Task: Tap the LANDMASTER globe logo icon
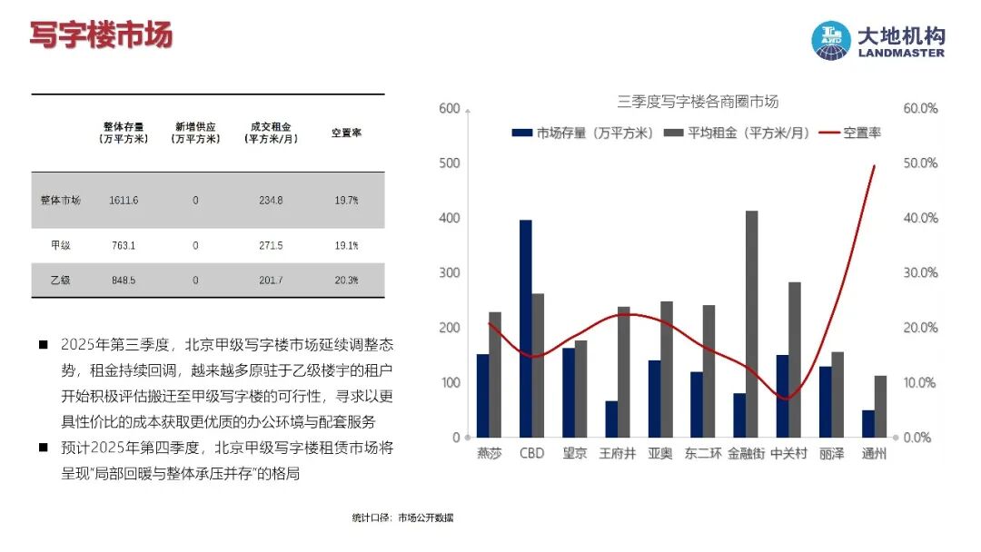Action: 831,41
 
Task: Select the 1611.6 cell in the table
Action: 123,200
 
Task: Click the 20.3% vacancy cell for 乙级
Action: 346,281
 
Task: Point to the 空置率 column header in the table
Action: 346,133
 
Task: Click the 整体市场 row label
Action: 61,200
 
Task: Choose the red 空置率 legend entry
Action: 850,133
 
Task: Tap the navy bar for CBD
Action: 526,328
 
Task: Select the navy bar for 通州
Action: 868,423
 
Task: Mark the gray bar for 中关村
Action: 795,360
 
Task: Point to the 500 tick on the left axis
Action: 449,163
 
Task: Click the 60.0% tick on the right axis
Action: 919,108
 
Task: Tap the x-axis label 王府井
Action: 617,453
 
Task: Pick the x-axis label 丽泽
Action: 831,453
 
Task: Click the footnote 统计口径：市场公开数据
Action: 402,517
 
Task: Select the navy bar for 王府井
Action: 611,419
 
